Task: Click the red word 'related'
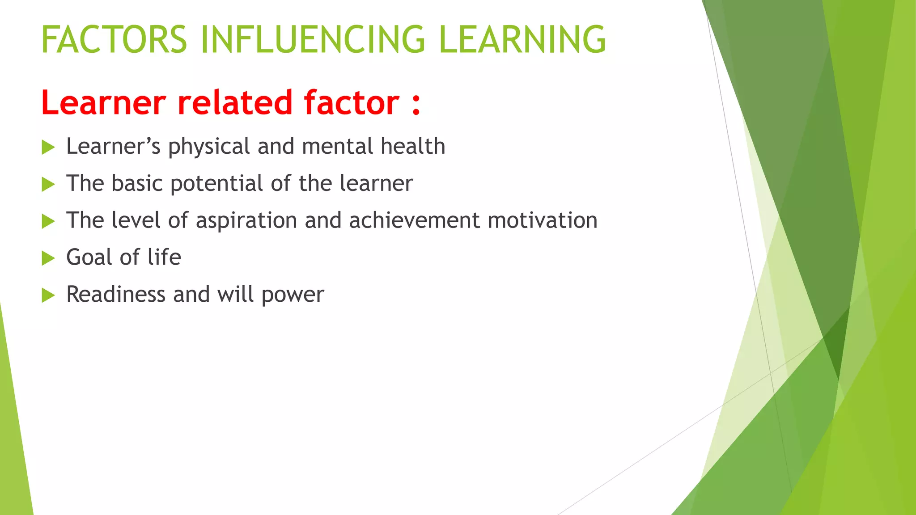(x=235, y=102)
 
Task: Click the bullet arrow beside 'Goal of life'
(x=48, y=258)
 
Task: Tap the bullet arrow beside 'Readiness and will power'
(x=48, y=295)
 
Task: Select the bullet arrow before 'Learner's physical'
(x=48, y=147)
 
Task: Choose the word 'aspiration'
(x=246, y=220)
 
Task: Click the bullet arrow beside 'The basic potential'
(x=48, y=184)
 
